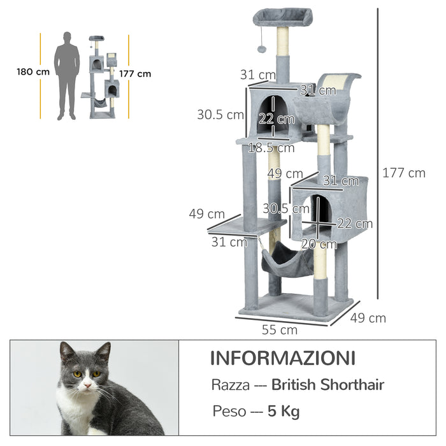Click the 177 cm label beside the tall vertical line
[x=403, y=173]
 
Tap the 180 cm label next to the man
[x=33, y=72]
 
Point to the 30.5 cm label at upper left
[x=220, y=115]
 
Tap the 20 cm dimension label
[x=319, y=244]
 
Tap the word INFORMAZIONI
[x=282, y=357]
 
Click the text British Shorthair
[x=327, y=385]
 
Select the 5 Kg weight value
[x=285, y=412]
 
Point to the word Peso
[x=229, y=412]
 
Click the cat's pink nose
[x=87, y=384]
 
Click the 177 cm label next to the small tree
[x=135, y=73]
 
